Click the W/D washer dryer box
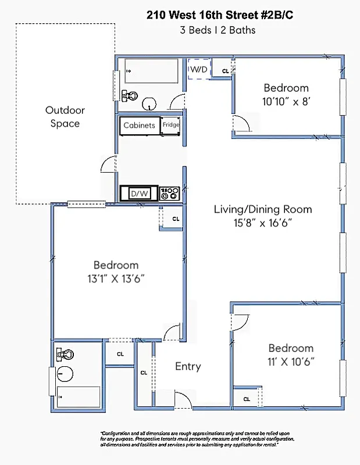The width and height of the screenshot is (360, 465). (199, 70)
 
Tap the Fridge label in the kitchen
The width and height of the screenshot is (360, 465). (171, 125)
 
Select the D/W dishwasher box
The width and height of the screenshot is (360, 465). (139, 193)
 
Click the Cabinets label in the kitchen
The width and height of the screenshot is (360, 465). (140, 125)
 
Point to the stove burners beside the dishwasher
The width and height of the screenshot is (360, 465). (169, 193)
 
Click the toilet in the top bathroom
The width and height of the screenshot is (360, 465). (130, 95)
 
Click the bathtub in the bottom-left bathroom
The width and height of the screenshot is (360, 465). (78, 398)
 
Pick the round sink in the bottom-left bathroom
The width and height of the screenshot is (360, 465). (65, 373)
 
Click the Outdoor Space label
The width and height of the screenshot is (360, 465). (65, 117)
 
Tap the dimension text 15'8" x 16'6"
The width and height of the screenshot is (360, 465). (262, 223)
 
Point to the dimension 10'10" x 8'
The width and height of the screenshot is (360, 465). (286, 101)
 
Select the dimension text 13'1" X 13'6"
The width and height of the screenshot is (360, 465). (116, 278)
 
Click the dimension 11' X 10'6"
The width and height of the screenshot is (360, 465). (291, 361)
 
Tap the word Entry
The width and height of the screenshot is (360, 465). (188, 367)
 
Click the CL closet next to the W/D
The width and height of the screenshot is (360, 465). (225, 70)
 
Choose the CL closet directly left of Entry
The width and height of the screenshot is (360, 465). (144, 373)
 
